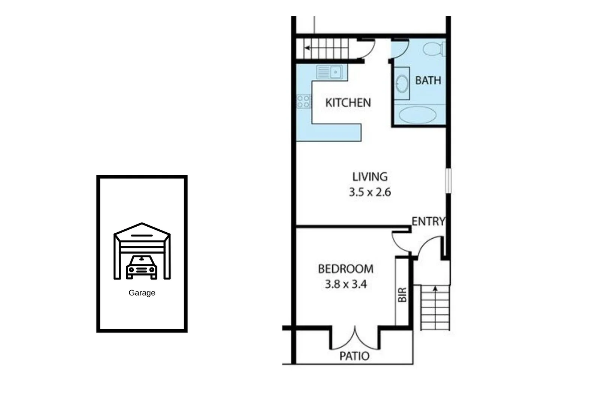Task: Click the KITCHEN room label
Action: click(348, 102)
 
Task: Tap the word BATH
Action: click(428, 80)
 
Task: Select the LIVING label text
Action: click(370, 177)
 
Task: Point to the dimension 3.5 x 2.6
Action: click(370, 192)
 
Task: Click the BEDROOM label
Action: click(345, 269)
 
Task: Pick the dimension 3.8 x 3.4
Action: click(345, 284)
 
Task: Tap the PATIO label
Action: click(354, 356)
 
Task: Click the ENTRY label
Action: click(428, 221)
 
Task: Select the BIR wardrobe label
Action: click(402, 295)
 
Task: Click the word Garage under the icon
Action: click(142, 293)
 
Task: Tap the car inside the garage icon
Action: click(142, 267)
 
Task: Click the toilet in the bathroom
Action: click(434, 49)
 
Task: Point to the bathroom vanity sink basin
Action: click(402, 83)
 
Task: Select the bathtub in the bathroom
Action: click(417, 115)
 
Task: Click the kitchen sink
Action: click(329, 72)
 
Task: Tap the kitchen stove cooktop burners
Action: click(303, 101)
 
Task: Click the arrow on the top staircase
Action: click(307, 48)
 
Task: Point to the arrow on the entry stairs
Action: click(435, 288)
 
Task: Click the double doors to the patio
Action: click(354, 339)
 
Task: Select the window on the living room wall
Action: click(448, 181)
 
